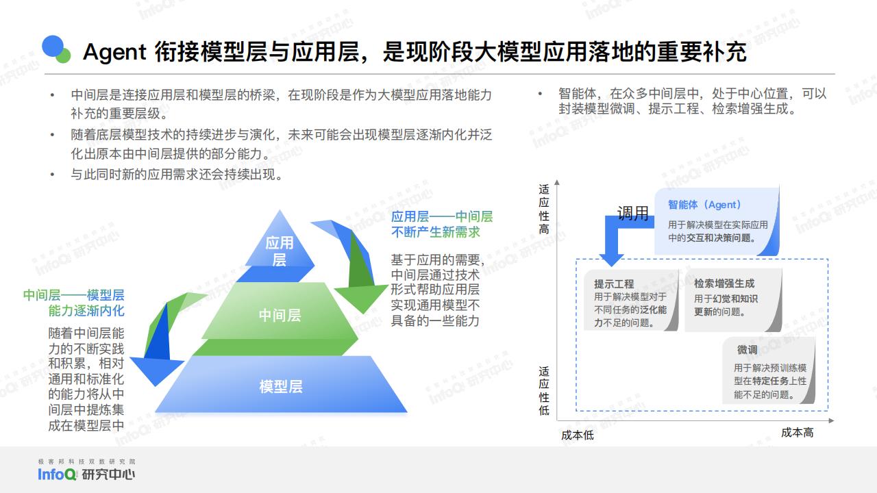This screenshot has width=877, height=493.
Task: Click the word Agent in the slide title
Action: [114, 53]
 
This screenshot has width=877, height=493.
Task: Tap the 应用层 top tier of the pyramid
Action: [279, 247]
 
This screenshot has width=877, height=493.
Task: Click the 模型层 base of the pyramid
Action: [281, 385]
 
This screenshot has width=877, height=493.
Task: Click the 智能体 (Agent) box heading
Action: [704, 205]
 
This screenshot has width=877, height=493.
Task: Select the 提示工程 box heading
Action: [613, 283]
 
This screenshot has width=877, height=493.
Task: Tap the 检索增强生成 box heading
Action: [724, 283]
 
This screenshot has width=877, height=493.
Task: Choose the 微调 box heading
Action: [747, 349]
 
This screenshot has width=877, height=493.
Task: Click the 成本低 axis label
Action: [577, 435]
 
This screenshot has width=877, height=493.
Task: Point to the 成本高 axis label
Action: [797, 432]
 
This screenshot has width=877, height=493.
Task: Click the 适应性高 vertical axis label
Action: [544, 209]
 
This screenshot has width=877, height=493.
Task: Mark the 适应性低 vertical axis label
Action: [544, 390]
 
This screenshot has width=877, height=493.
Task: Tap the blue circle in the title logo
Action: [53, 46]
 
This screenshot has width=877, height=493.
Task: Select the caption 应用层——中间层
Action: [442, 216]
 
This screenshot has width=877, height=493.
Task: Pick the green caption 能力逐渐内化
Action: [86, 311]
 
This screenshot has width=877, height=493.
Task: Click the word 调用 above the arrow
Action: [632, 213]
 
